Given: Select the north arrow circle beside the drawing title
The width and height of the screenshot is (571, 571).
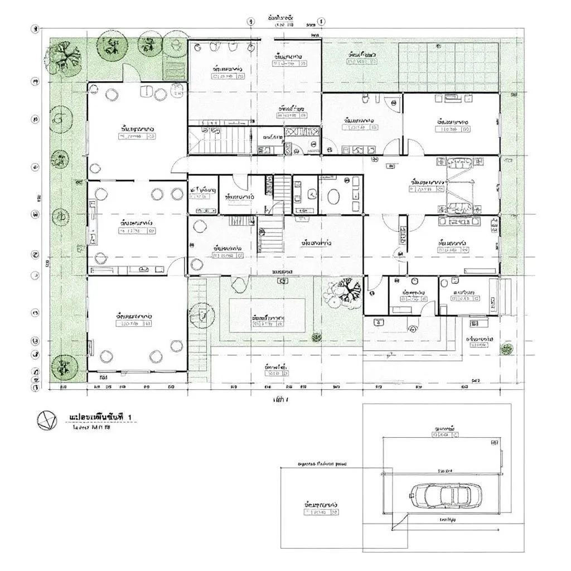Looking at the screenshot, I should point(46,420).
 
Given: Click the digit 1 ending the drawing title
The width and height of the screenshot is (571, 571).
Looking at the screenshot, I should point(130,417).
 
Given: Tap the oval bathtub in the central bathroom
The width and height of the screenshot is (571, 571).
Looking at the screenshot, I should point(334,197).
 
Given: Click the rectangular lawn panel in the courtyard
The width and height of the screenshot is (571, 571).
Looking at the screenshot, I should point(267,315).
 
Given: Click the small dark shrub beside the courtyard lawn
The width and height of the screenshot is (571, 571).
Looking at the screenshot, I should point(317,337).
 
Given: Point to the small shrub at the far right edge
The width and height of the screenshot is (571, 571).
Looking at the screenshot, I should point(506,350).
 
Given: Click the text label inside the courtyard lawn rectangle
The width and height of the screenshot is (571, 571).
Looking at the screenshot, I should point(268,318).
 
